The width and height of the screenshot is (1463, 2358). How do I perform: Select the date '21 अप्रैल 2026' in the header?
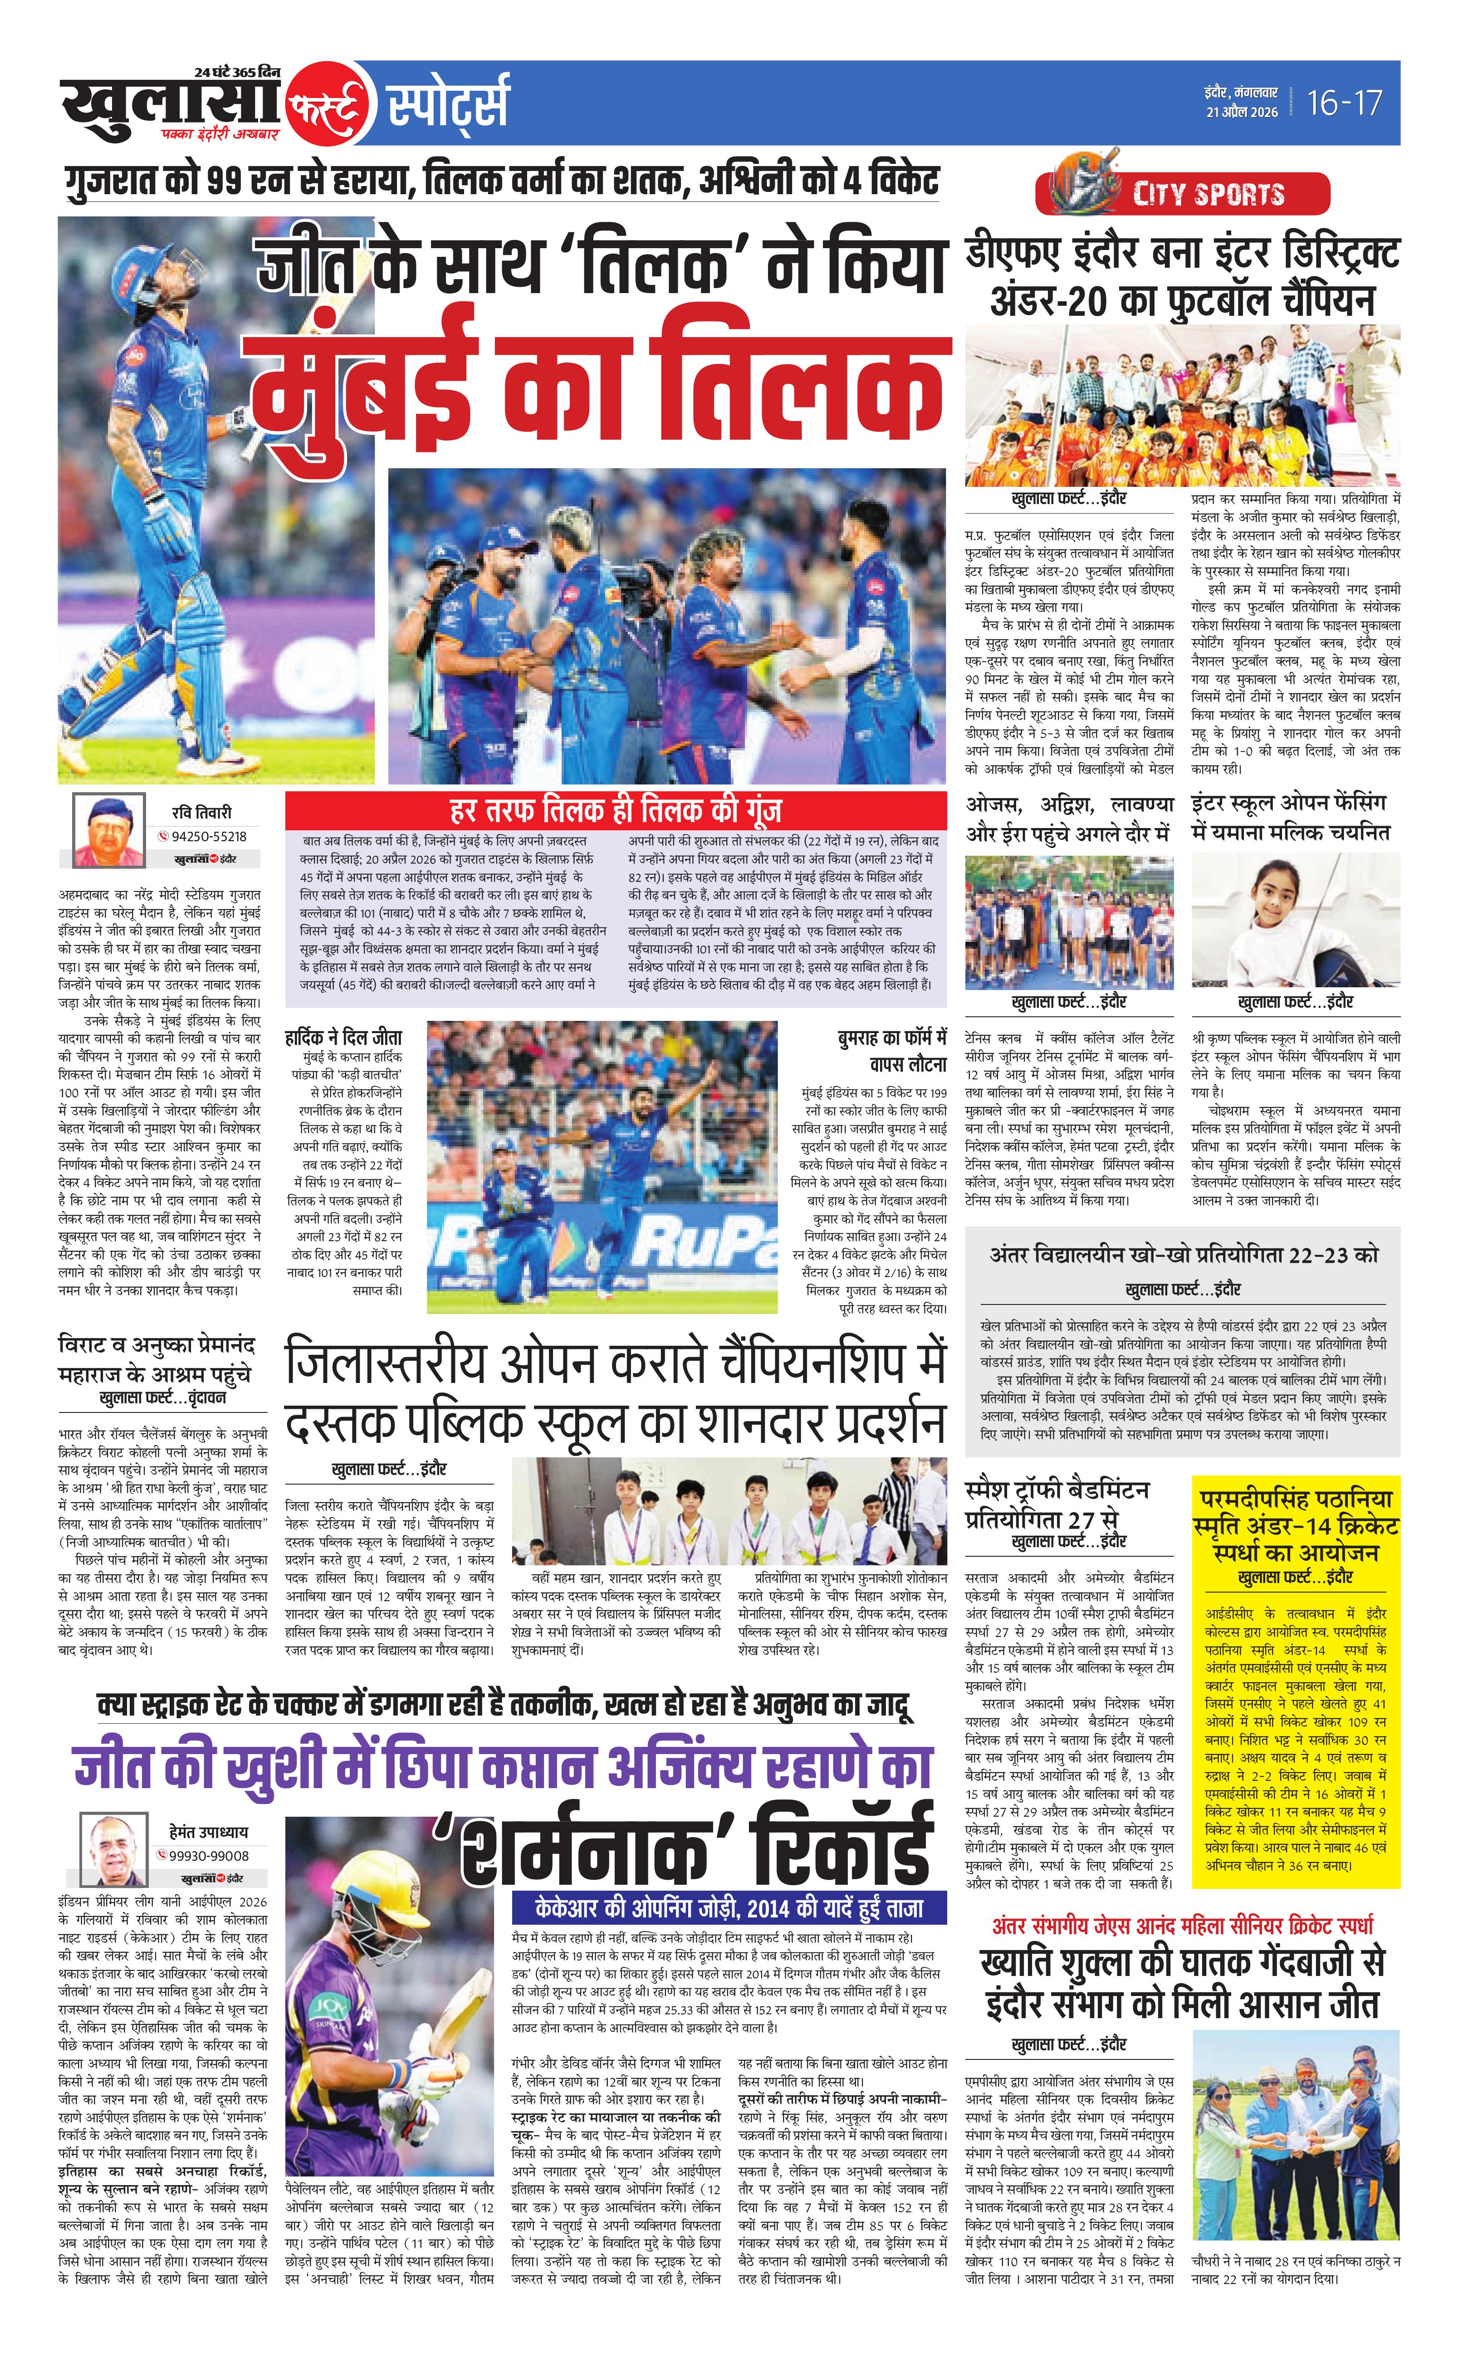[x=1242, y=112]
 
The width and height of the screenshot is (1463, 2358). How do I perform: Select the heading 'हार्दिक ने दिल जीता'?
[x=343, y=1038]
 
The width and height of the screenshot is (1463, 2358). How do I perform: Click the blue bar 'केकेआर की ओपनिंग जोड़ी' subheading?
[x=729, y=1908]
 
